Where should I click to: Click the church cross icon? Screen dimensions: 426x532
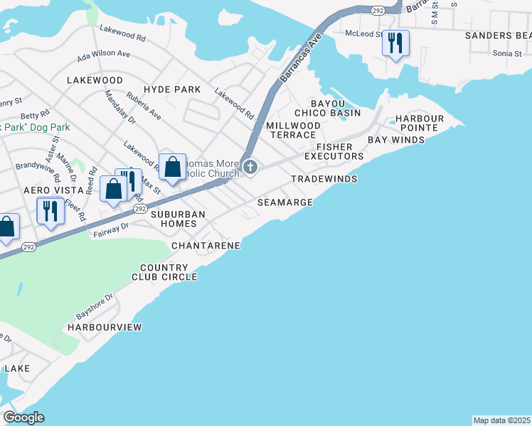click(250, 168)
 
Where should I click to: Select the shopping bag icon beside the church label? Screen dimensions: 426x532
click(172, 168)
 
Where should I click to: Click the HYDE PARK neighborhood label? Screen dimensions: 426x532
click(172, 89)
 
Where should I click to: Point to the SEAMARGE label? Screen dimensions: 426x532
click(285, 202)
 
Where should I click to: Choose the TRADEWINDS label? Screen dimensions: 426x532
click(324, 180)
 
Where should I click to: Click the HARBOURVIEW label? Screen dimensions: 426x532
click(105, 327)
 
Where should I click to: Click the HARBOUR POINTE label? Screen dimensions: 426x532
click(420, 124)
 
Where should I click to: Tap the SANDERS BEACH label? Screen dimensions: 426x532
click(498, 35)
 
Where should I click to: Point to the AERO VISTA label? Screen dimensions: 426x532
click(50, 191)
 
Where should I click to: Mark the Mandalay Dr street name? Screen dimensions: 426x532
click(119, 107)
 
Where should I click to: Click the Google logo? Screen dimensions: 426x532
click(23, 417)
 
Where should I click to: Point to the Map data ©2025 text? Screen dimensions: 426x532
click(502, 420)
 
